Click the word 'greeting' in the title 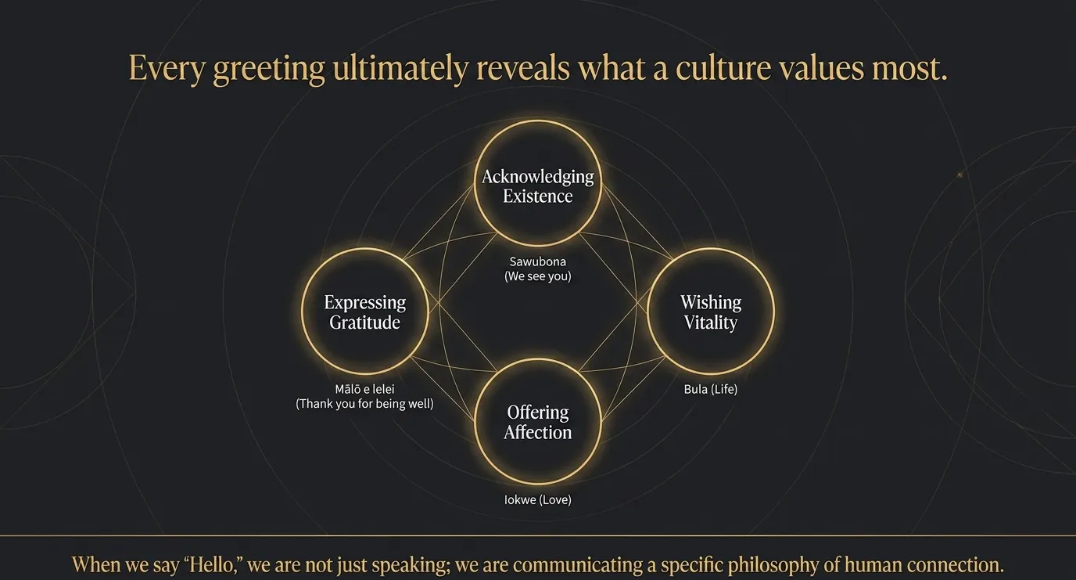coord(269,69)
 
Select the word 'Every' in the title coord(167,69)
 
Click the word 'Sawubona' coord(537,261)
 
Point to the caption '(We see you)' coord(537,276)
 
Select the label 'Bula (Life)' coord(711,389)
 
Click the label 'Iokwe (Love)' coord(537,499)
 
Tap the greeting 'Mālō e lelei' coord(364,388)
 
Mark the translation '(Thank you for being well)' coord(364,404)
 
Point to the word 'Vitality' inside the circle coord(711,322)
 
